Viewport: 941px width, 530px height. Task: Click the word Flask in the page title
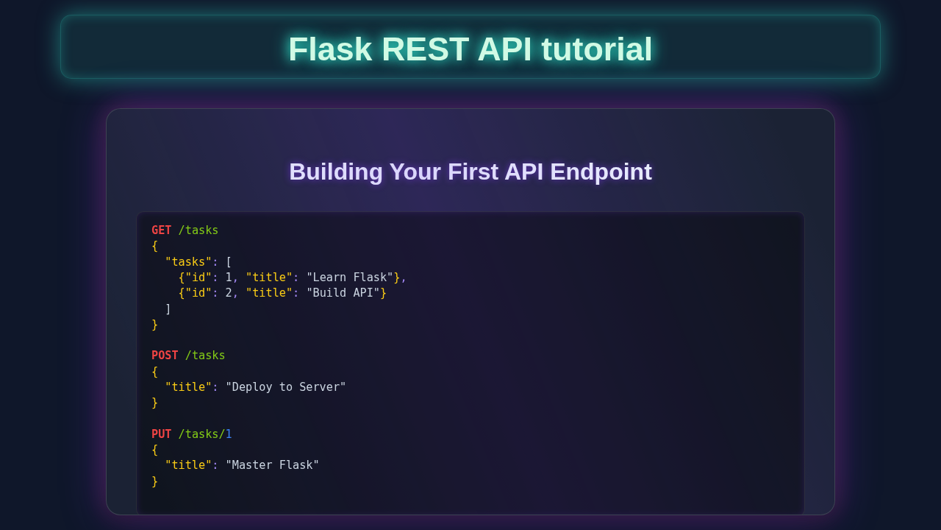coord(329,49)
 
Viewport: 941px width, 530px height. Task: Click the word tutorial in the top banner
coord(596,49)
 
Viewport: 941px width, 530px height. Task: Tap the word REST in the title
coord(425,49)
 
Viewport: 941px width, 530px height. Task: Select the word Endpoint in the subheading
coord(601,172)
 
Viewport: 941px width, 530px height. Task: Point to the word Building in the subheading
coord(336,172)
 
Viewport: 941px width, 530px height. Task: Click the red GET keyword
coord(161,230)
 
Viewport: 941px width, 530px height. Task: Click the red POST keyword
coord(165,356)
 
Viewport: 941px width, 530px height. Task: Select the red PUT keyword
coord(161,434)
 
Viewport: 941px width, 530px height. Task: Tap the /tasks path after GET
coord(198,230)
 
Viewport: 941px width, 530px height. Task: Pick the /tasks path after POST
coord(205,356)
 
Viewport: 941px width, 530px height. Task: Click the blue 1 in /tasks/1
coord(229,434)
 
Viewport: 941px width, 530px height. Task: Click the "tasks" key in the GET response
coord(188,262)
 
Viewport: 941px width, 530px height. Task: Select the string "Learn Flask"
coord(350,278)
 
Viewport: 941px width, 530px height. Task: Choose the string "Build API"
coord(343,293)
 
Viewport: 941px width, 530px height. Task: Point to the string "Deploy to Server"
coord(286,387)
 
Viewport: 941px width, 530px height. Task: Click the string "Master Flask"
coord(273,465)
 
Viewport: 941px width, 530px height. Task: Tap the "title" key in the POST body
coord(188,387)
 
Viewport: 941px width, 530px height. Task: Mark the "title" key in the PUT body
coord(188,465)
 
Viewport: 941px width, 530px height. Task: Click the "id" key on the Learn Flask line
coord(198,278)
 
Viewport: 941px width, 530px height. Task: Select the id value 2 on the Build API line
coord(229,293)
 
